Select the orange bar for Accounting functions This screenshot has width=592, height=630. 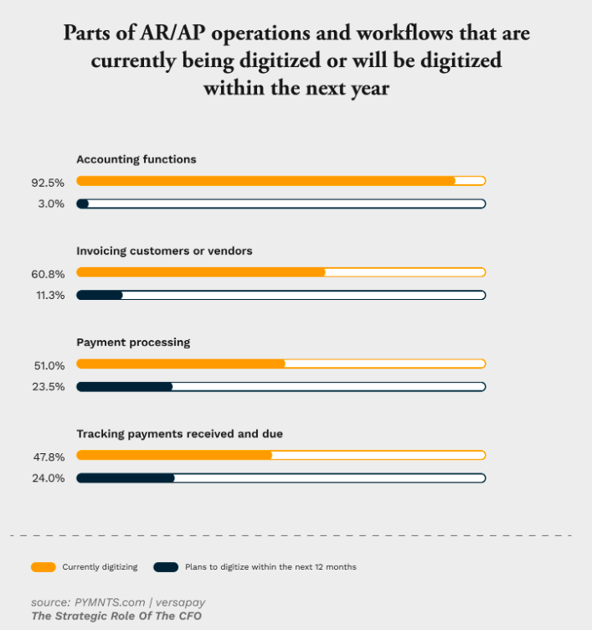[265, 180]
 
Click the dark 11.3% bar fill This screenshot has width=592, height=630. [100, 295]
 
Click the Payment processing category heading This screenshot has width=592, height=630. [133, 342]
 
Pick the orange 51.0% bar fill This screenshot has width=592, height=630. [181, 364]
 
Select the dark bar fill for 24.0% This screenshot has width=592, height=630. [126, 478]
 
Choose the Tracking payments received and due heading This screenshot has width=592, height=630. [179, 434]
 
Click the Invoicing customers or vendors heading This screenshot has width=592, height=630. [164, 250]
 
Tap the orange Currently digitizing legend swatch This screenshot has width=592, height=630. [43, 567]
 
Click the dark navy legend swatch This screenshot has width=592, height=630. [166, 567]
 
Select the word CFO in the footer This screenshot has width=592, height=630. [188, 617]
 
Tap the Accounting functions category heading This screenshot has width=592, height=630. [136, 159]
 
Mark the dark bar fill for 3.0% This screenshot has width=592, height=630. [83, 204]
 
